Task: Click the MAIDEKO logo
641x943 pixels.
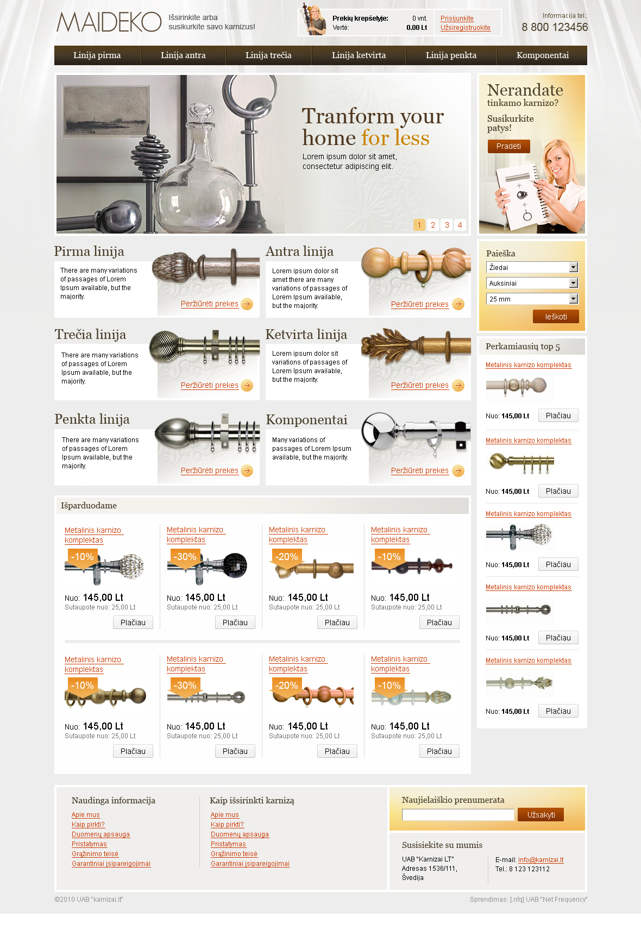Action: click(109, 22)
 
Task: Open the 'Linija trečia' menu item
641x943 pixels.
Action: click(268, 55)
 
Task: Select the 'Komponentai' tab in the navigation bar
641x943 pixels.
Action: click(542, 55)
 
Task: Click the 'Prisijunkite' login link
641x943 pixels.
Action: click(457, 18)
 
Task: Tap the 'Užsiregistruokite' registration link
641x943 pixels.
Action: click(466, 28)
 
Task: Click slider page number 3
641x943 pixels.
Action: click(447, 225)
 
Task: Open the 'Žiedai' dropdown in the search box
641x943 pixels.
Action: click(532, 267)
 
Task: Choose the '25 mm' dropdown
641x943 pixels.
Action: click(532, 299)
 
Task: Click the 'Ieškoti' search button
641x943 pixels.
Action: click(556, 317)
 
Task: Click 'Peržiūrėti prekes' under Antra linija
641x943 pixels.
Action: click(420, 304)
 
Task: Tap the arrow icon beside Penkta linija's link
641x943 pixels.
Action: click(247, 470)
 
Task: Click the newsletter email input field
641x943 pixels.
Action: click(458, 815)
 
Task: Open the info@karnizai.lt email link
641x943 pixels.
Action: click(541, 860)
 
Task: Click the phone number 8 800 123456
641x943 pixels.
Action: click(555, 27)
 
